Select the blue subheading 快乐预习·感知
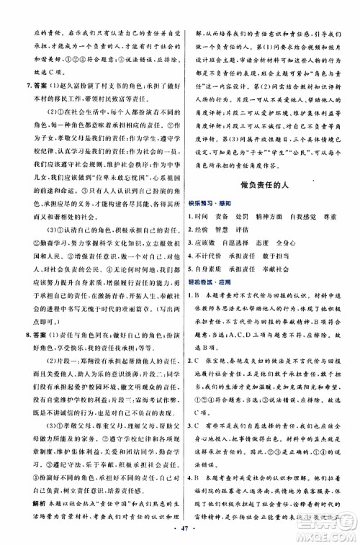212,202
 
